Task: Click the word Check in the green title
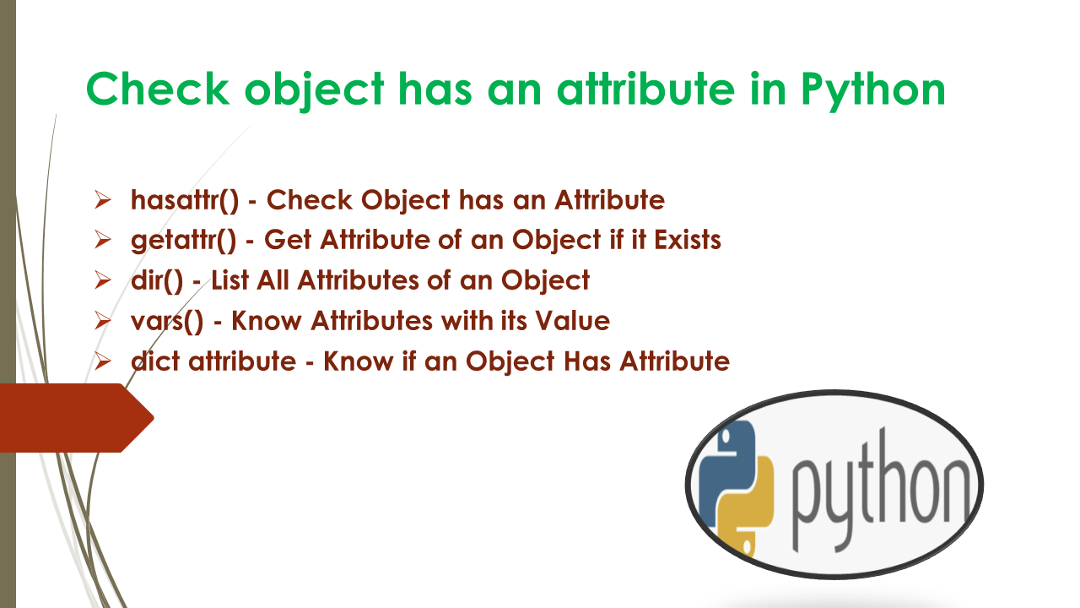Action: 158,89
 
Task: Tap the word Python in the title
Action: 873,92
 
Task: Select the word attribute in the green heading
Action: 645,89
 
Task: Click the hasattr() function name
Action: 185,200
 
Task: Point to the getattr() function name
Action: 184,241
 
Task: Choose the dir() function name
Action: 157,280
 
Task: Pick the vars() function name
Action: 167,322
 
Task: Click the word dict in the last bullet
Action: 155,361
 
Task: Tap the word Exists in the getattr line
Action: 688,240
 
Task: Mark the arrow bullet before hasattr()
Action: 103,200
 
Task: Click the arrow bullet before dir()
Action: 103,280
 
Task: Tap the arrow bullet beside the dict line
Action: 103,361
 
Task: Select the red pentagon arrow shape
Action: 77,418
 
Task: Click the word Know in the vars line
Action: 267,320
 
